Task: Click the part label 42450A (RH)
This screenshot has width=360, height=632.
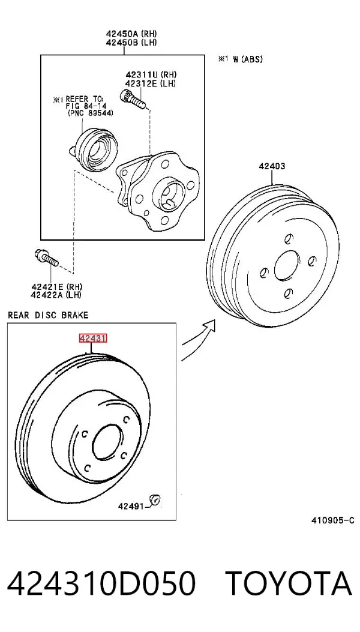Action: click(131, 34)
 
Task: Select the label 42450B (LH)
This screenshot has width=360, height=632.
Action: click(131, 42)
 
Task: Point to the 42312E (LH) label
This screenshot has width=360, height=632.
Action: click(151, 83)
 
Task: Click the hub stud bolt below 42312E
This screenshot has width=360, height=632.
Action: click(133, 100)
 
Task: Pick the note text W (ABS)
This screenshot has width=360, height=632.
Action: click(247, 59)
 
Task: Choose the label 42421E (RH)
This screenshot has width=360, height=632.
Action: click(57, 287)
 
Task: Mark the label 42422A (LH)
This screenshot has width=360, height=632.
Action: click(57, 295)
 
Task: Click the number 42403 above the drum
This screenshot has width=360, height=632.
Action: click(272, 166)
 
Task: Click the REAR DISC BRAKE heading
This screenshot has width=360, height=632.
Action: click(48, 314)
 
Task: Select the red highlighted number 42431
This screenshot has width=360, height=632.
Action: click(93, 339)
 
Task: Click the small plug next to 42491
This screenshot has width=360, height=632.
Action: click(155, 500)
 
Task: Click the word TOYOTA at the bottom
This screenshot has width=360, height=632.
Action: click(288, 583)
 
